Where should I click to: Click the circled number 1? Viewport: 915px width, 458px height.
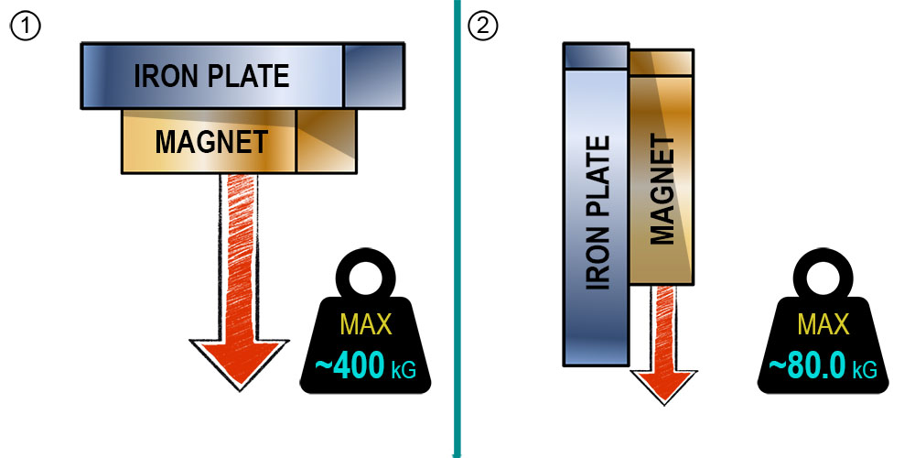(25, 27)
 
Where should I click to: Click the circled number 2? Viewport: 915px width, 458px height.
(482, 27)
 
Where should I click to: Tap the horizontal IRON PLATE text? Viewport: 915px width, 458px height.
(212, 76)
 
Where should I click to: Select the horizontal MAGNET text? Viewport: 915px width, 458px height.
(211, 142)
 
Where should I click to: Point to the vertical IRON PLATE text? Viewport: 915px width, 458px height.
(597, 213)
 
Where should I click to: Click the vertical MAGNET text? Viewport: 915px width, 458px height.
(662, 191)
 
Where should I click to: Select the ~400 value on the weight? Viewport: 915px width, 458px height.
(350, 367)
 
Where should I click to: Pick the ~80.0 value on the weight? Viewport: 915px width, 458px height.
(807, 366)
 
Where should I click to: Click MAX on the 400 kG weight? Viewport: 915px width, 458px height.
(365, 324)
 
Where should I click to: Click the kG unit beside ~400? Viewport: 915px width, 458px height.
(404, 370)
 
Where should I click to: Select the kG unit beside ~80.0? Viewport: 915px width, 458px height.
(865, 369)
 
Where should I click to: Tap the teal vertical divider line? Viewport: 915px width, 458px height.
(457, 229)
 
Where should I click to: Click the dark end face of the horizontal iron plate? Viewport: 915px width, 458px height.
(374, 75)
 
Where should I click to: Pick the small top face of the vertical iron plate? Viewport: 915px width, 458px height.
(596, 56)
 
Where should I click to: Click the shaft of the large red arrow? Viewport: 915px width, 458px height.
(239, 257)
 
